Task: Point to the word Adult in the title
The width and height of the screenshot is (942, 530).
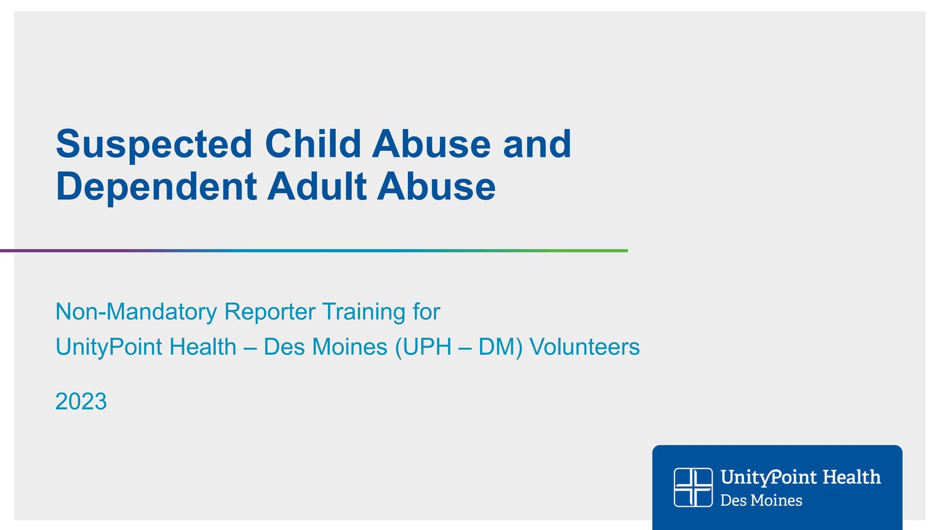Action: click(x=316, y=186)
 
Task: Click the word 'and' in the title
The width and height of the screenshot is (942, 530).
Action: click(x=537, y=144)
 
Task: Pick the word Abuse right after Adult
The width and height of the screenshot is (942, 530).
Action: click(x=436, y=186)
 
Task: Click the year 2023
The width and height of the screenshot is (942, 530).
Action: click(x=81, y=401)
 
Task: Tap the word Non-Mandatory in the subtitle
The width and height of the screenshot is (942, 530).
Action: click(x=136, y=312)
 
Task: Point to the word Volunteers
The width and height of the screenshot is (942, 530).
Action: click(x=585, y=347)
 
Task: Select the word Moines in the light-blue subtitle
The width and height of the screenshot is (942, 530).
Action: click(x=350, y=347)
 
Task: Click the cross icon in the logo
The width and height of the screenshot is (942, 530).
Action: click(x=693, y=487)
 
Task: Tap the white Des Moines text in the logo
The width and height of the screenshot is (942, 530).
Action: click(x=761, y=501)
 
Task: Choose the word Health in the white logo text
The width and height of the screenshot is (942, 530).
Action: click(x=851, y=477)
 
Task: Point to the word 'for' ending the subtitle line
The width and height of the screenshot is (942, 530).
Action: click(x=426, y=312)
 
